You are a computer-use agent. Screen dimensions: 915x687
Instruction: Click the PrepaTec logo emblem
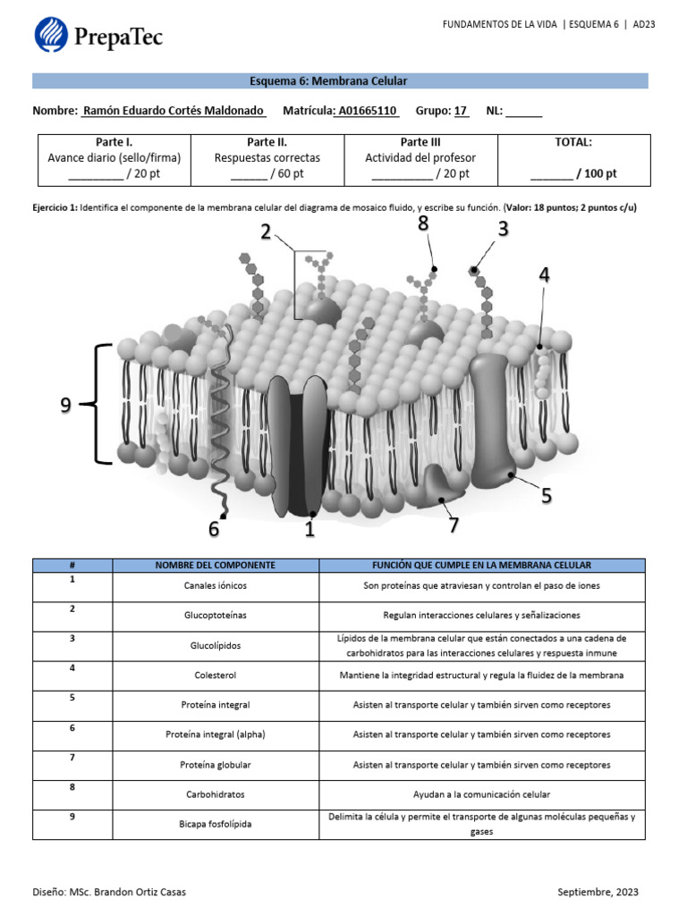(x=51, y=35)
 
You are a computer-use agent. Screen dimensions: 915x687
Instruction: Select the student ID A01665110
(x=367, y=112)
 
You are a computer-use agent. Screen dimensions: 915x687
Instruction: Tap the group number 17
(x=461, y=112)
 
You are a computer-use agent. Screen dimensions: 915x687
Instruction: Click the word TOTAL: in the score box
(x=573, y=142)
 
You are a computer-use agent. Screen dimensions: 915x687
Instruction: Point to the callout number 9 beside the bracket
(x=65, y=406)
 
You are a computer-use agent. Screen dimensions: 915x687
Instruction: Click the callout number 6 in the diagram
(x=214, y=529)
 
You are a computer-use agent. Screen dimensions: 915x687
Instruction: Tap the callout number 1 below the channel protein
(x=310, y=529)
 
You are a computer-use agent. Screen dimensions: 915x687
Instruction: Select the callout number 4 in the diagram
(x=544, y=276)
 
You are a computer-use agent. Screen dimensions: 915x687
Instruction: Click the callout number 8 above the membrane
(x=423, y=223)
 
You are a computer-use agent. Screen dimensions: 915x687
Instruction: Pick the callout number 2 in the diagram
(x=266, y=232)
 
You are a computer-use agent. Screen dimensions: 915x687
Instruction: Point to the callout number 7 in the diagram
(x=454, y=525)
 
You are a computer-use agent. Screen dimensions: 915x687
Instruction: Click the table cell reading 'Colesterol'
(x=216, y=676)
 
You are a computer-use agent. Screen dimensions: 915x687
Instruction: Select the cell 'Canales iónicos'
(x=216, y=586)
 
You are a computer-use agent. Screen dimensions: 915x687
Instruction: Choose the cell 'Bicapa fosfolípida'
(x=216, y=824)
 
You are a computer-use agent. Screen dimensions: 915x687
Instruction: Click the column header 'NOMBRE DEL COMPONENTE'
(x=216, y=566)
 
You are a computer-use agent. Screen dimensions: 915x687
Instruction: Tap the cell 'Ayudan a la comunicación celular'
(x=481, y=794)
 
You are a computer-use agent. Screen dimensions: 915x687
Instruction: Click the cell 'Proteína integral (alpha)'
(x=216, y=735)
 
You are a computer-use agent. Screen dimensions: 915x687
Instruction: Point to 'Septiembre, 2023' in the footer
(x=598, y=892)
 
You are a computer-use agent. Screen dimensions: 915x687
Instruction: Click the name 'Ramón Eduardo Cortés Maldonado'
(x=174, y=112)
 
